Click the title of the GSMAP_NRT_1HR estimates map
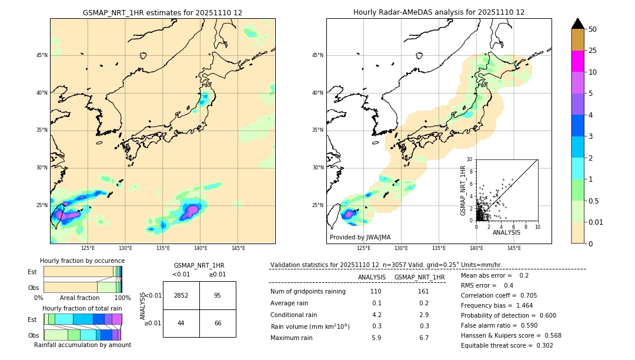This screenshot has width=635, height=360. (162, 12)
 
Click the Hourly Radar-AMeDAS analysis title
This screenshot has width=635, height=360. (439, 12)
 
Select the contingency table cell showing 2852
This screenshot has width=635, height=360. (181, 295)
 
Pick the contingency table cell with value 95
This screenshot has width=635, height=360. (218, 295)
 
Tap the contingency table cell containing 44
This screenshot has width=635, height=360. (181, 323)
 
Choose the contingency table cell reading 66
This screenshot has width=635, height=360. (218, 323)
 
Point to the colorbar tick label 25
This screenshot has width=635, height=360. (593, 51)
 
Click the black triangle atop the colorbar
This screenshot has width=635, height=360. (578, 24)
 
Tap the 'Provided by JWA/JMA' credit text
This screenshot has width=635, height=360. (360, 237)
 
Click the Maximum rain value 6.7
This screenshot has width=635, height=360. (424, 338)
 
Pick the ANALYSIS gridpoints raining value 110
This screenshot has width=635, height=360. (376, 291)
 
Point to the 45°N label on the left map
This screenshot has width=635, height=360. (42, 55)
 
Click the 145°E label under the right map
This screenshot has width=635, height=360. (514, 248)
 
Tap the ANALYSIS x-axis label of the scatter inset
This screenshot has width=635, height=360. (506, 232)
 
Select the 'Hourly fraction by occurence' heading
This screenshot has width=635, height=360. (82, 261)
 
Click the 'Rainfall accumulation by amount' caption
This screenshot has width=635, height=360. (82, 345)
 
